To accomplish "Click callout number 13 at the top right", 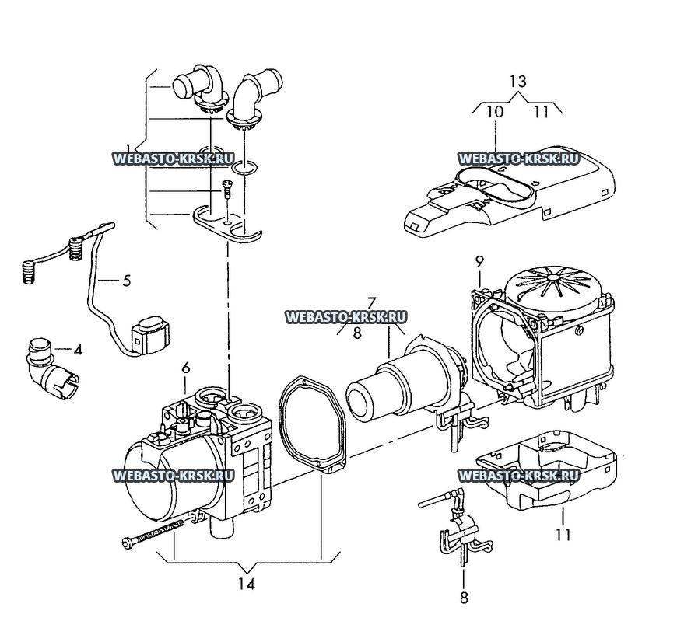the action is pyautogui.click(x=517, y=82).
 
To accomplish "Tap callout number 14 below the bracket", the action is pyautogui.click(x=247, y=584).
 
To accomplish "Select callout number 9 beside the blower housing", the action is pyautogui.click(x=479, y=261).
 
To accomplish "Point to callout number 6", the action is pyautogui.click(x=185, y=368).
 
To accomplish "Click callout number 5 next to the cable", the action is pyautogui.click(x=127, y=281).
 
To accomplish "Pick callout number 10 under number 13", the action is pyautogui.click(x=495, y=111).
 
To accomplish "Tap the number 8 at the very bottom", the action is pyautogui.click(x=464, y=598).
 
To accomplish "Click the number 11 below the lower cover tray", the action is pyautogui.click(x=563, y=535).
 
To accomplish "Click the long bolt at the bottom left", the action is pyautogui.click(x=153, y=533).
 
